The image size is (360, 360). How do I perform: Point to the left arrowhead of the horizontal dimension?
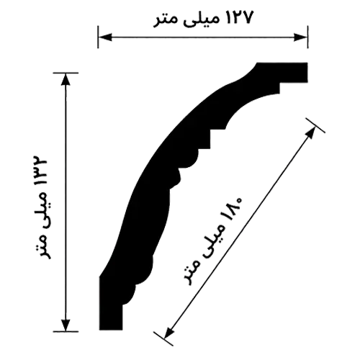(105, 37)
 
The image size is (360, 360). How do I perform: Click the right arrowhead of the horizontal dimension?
(300, 37)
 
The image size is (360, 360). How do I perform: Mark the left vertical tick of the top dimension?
(98, 37)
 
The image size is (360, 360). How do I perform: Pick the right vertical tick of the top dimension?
(307, 37)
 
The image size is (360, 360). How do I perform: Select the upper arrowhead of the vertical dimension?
(66, 79)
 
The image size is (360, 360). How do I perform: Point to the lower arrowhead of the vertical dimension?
(66, 325)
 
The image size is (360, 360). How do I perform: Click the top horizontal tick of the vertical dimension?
(66, 73)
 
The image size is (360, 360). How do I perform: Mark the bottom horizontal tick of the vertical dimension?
(66, 331)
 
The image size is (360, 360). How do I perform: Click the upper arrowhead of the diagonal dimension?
(311, 132)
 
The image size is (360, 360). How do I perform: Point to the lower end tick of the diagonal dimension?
(163, 339)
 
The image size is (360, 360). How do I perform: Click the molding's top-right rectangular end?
(294, 73)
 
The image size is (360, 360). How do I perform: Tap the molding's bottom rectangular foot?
(111, 318)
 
